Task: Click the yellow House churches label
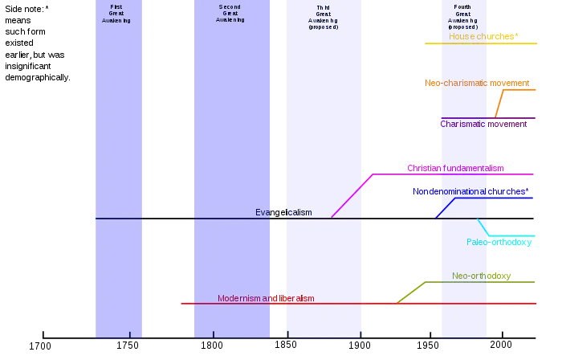click(x=480, y=36)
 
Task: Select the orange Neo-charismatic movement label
click(x=477, y=83)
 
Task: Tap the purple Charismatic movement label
click(x=484, y=124)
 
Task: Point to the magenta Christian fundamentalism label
click(x=456, y=168)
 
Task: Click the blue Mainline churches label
click(x=470, y=192)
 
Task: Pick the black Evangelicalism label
click(x=283, y=212)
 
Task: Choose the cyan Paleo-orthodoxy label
click(x=499, y=242)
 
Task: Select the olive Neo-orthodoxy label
click(x=481, y=276)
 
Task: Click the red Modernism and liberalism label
click(x=266, y=298)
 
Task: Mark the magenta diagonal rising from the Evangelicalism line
click(x=351, y=197)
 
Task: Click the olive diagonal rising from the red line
click(x=409, y=290)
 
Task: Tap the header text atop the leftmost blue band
click(x=117, y=14)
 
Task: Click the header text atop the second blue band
click(x=230, y=14)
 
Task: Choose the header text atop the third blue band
click(x=324, y=17)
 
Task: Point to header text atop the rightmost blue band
click(x=463, y=17)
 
